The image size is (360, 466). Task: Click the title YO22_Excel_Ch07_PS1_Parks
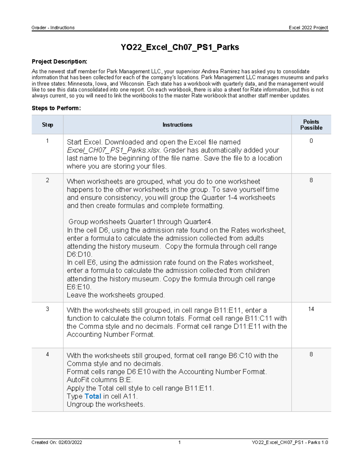[x=180, y=47]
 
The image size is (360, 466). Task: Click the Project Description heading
[x=59, y=62]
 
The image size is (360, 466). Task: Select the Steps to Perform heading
[x=56, y=108]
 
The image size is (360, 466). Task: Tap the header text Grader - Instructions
[x=53, y=28]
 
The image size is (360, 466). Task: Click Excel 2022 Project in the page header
[x=308, y=28]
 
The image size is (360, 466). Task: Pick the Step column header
[x=47, y=125]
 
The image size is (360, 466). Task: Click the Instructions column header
[x=177, y=125]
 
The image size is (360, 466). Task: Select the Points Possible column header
[x=311, y=125]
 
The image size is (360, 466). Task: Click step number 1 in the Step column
[x=47, y=141]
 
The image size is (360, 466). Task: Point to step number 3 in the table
[x=47, y=309]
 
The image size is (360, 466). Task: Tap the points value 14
[x=311, y=309]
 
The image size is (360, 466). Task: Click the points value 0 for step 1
[x=311, y=141]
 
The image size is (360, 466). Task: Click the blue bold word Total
[x=93, y=396]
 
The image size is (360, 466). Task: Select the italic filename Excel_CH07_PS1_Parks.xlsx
[x=114, y=150]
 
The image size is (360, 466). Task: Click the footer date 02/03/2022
[x=70, y=442]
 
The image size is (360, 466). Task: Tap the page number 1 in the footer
[x=179, y=442]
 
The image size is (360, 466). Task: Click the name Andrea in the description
[x=210, y=71]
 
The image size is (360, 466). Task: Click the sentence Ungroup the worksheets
[x=106, y=404]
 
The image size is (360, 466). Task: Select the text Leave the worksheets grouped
[x=115, y=295]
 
